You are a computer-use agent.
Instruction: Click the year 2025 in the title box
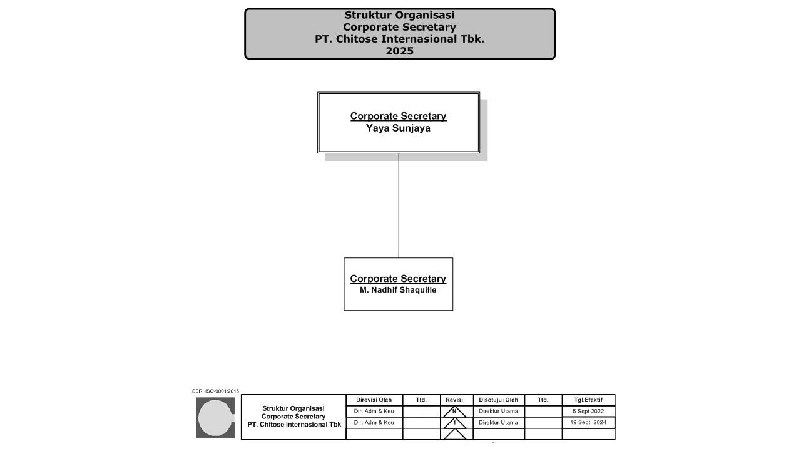(x=399, y=51)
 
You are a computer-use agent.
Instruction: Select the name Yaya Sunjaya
(x=398, y=128)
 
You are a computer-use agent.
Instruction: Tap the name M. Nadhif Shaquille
(x=398, y=290)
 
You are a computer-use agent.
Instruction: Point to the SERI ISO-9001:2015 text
(x=215, y=391)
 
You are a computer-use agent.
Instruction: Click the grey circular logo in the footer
(x=215, y=418)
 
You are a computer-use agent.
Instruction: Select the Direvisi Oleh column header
(x=374, y=400)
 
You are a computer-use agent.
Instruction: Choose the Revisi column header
(x=454, y=400)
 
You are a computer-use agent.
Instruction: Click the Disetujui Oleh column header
(x=498, y=400)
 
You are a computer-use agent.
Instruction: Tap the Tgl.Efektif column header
(x=588, y=400)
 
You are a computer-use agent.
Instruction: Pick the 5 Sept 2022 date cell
(x=588, y=412)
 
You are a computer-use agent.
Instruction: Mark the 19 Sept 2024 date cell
(x=588, y=423)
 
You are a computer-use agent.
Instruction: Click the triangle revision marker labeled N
(x=454, y=412)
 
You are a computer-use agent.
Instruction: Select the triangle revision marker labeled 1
(x=454, y=423)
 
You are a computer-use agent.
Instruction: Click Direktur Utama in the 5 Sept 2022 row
(x=498, y=412)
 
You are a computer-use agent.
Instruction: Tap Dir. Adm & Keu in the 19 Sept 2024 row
(x=374, y=423)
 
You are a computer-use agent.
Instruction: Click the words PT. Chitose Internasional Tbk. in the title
(x=399, y=39)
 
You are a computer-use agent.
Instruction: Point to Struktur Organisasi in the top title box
(x=399, y=15)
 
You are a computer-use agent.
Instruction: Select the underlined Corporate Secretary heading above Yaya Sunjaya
(x=398, y=116)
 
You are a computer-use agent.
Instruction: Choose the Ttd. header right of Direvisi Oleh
(x=421, y=400)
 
